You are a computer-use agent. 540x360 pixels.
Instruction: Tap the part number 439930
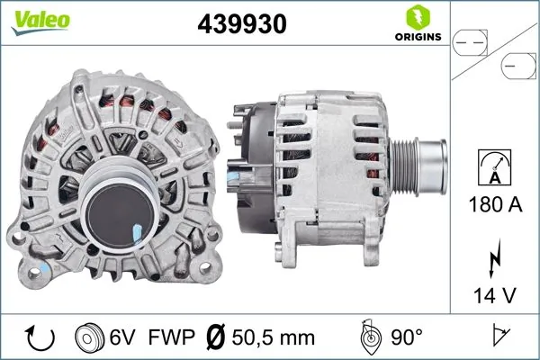coord(241,23)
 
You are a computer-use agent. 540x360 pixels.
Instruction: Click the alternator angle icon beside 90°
coord(370,337)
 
